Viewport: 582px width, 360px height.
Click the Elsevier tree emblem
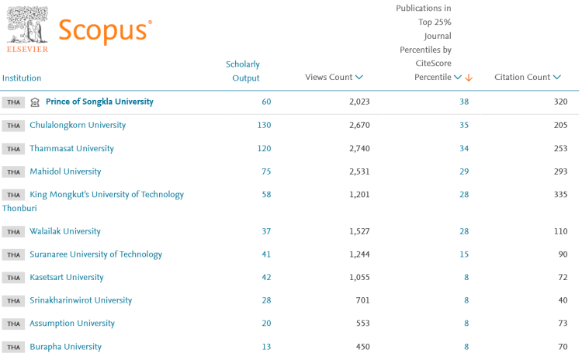point(27,25)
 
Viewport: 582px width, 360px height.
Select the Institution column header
point(22,78)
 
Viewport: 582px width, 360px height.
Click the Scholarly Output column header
point(243,71)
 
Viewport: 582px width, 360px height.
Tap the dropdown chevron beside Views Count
point(359,78)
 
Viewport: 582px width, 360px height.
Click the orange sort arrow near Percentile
point(469,78)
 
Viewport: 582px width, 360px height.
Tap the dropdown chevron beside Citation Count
point(557,78)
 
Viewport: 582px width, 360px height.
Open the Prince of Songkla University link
point(99,102)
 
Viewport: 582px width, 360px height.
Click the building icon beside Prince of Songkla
point(34,102)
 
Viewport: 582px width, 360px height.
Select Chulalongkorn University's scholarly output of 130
point(264,125)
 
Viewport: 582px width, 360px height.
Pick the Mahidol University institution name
point(65,171)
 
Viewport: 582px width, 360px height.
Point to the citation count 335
point(559,194)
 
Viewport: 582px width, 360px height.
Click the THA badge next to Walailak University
point(13,231)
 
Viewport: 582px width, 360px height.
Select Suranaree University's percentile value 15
point(464,254)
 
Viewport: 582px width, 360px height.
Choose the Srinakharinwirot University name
point(81,300)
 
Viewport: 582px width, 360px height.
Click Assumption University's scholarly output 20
point(266,323)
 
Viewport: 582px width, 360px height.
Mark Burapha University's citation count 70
point(562,346)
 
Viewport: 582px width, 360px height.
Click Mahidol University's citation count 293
point(559,171)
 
